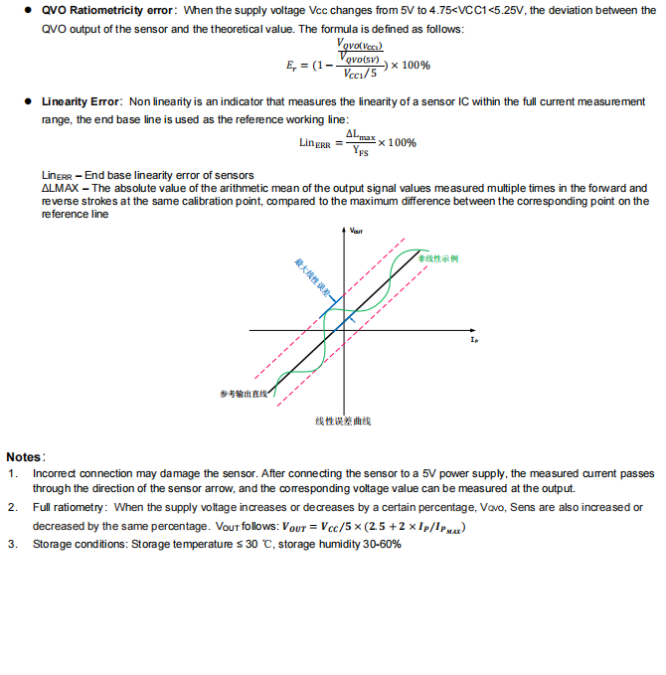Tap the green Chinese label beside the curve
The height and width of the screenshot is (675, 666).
coord(437,258)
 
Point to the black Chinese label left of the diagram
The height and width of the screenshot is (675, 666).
coord(243,395)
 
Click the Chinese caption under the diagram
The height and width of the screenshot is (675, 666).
coord(343,422)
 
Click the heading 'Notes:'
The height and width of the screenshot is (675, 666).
coord(26,457)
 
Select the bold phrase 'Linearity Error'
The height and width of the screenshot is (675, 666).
coord(82,102)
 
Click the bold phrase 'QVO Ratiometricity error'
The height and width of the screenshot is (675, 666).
coord(108,10)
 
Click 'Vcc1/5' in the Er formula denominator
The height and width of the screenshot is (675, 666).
coord(360,73)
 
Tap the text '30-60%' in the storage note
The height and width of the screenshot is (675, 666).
coord(383,544)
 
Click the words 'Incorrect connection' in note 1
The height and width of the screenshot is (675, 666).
coord(78,473)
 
